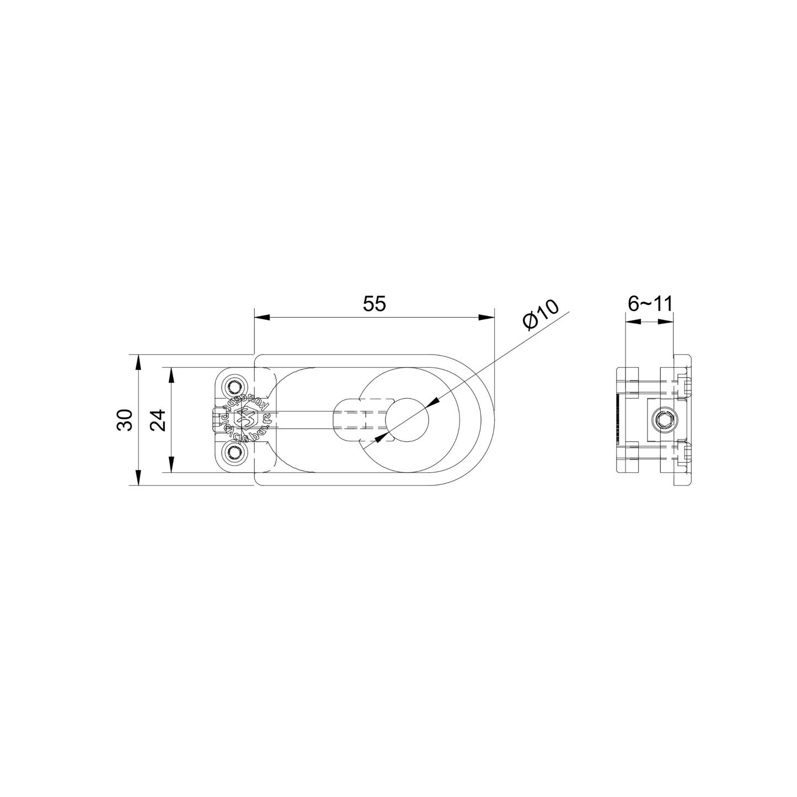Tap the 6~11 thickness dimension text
pyautogui.click(x=649, y=304)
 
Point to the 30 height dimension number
pyautogui.click(x=125, y=420)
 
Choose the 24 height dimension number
pyautogui.click(x=158, y=420)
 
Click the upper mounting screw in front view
pyautogui.click(x=236, y=384)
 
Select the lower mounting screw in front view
pyautogui.click(x=236, y=453)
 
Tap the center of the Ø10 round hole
pyautogui.click(x=407, y=419)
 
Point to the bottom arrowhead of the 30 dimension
pyautogui.click(x=138, y=478)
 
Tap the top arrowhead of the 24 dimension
pyautogui.click(x=172, y=375)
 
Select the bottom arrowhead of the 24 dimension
pyautogui.click(x=172, y=466)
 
